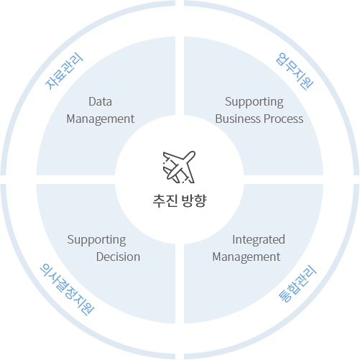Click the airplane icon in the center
(179, 167)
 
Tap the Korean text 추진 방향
(180, 200)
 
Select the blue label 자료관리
(65, 71)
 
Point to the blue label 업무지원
(295, 71)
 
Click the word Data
(100, 101)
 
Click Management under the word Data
(101, 119)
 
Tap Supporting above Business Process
(254, 102)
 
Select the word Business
(238, 119)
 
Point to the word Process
(284, 119)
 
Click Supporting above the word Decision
(96, 240)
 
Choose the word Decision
(118, 257)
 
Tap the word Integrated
(259, 240)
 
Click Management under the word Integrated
(246, 257)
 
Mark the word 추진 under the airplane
(165, 200)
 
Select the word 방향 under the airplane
(194, 200)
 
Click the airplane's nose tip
(193, 153)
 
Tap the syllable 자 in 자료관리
(50, 84)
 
